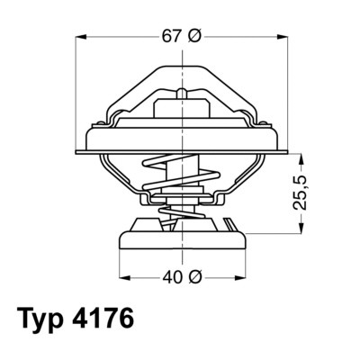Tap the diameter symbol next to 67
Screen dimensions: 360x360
195,36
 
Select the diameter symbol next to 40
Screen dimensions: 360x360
195,276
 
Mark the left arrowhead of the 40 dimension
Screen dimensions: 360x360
123,276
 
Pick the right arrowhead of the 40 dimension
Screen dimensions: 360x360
240,276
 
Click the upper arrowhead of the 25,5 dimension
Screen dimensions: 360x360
301,157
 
